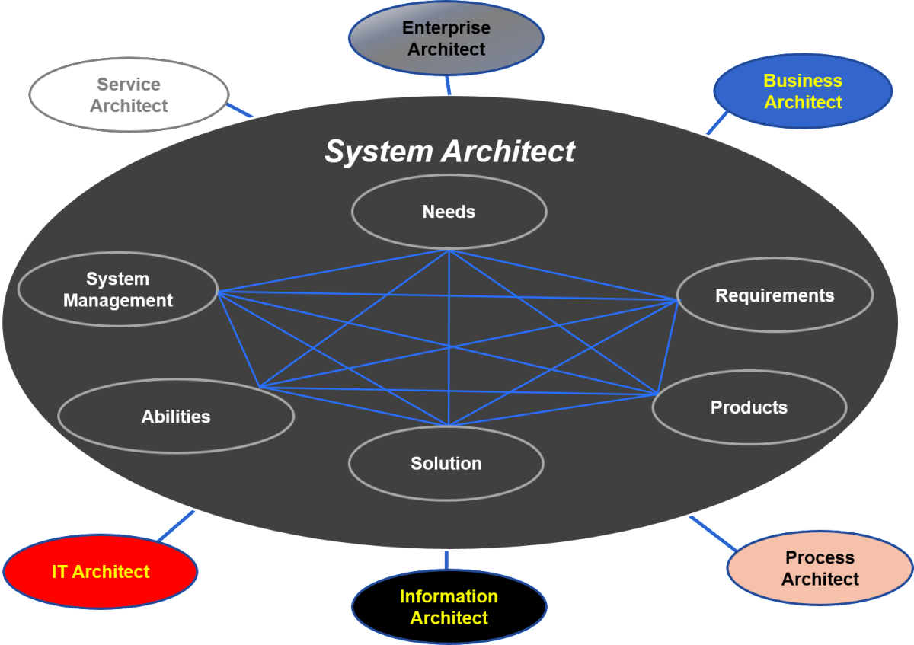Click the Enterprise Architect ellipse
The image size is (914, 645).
(446, 39)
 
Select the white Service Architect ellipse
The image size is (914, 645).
(129, 95)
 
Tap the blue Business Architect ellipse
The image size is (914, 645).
(803, 91)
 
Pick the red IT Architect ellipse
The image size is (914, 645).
(101, 572)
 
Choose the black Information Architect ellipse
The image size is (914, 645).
(449, 607)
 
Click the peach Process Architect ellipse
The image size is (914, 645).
(820, 568)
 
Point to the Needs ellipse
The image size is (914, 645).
(449, 212)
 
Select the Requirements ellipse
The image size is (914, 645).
(775, 295)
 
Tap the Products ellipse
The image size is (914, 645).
(749, 407)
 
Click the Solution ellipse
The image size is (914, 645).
(446, 463)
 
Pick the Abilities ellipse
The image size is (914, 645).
(176, 417)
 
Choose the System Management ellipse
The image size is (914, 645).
(118, 290)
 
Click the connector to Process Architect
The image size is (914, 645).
(712, 533)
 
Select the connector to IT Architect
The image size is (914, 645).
(177, 525)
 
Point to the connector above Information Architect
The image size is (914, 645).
(446, 560)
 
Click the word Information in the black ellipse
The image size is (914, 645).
(449, 596)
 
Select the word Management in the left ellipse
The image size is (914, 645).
(118, 301)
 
